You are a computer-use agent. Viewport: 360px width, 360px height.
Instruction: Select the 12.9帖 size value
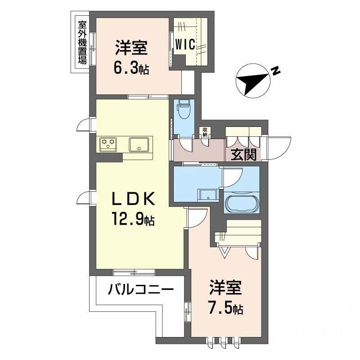134,220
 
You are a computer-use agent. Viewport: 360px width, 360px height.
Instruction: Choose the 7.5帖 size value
225,309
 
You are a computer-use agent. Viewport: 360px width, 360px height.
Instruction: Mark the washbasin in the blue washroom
208,194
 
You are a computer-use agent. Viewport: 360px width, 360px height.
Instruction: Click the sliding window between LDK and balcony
134,271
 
